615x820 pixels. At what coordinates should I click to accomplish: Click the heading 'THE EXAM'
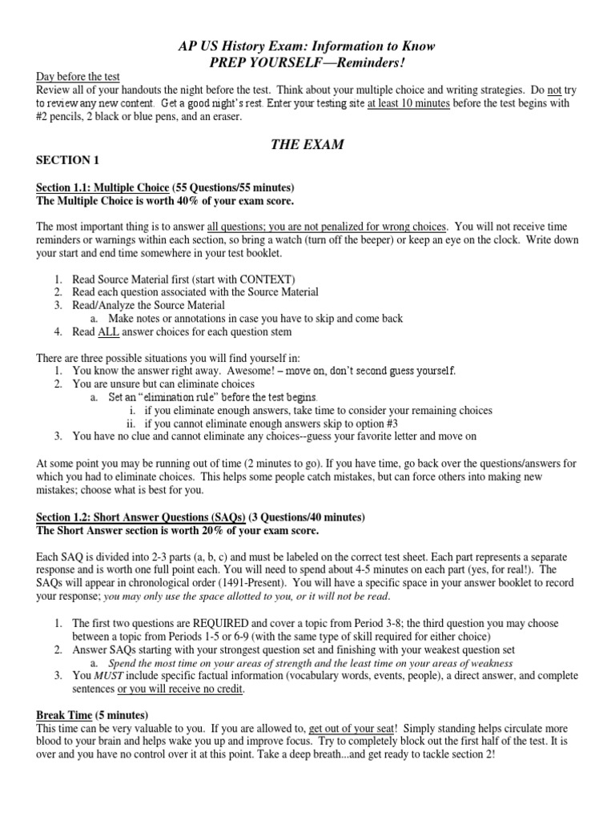tap(307, 144)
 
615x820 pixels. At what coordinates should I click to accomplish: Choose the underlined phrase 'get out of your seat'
tap(360, 729)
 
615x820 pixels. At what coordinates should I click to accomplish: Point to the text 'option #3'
tap(373, 424)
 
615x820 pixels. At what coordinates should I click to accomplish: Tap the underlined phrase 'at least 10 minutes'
tap(408, 104)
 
